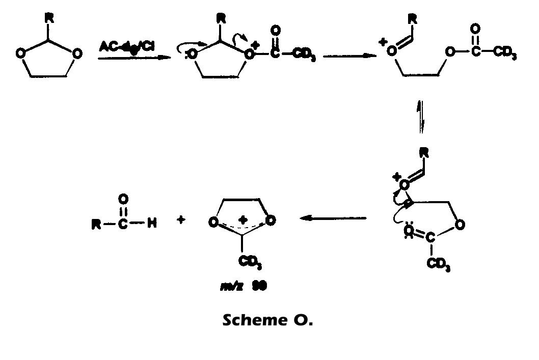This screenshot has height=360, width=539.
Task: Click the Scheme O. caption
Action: point(267,321)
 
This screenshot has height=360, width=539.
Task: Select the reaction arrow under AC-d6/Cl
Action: point(134,58)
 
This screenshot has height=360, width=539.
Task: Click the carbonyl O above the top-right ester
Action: point(476,28)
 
